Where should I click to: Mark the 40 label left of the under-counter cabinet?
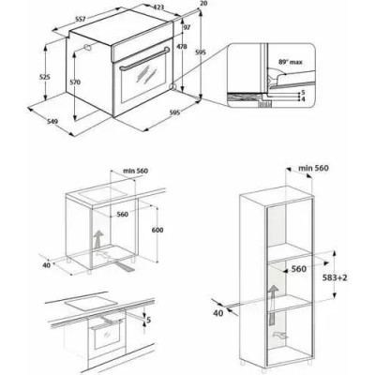click(44, 263)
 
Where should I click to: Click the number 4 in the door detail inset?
click(304, 98)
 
